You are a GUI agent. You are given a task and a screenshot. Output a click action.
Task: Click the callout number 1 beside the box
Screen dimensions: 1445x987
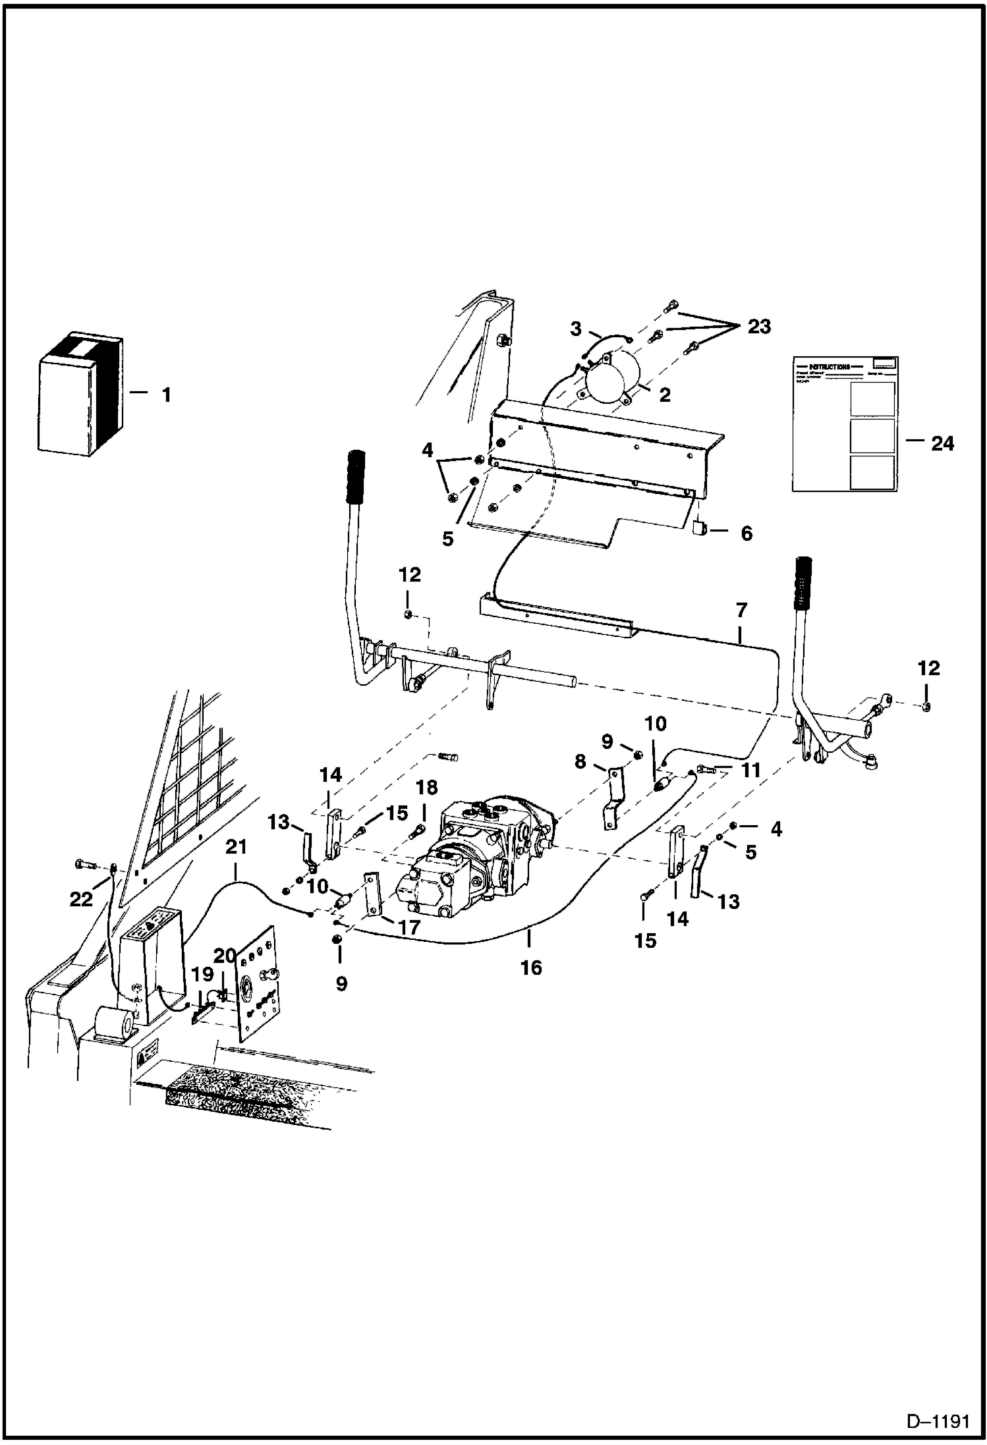click(x=166, y=396)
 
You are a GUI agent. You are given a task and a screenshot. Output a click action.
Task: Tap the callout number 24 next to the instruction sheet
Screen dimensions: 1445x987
click(x=942, y=444)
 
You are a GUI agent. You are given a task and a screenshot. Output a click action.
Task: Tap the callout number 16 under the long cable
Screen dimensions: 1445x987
click(x=531, y=968)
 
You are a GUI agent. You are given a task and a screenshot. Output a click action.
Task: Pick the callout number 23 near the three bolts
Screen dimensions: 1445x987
click(x=758, y=327)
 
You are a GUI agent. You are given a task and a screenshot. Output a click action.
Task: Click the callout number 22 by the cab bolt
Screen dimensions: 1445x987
click(x=82, y=899)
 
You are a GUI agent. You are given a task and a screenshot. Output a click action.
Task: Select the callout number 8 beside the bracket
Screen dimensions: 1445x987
click(x=580, y=762)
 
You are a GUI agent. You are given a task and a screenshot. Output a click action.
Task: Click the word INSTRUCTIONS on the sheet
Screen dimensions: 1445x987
click(x=829, y=367)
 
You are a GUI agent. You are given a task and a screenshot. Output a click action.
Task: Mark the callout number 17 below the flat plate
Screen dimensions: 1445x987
click(x=409, y=927)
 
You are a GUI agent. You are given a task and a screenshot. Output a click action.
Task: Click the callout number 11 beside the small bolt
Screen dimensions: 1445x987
click(x=751, y=771)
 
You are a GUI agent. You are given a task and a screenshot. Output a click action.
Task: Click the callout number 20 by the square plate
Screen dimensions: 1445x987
click(x=224, y=956)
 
